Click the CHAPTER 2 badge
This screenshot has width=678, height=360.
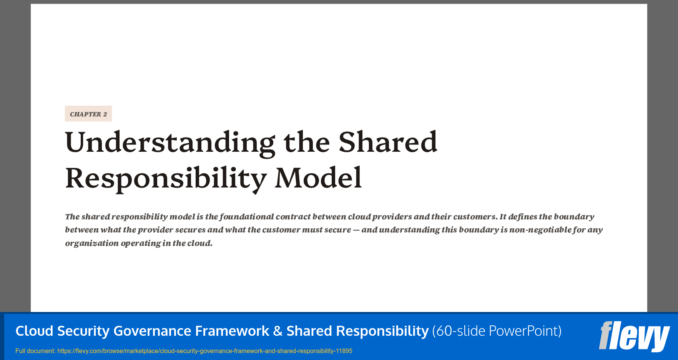88,114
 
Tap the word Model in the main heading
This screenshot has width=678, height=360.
318,178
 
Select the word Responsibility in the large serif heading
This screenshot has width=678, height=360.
166,178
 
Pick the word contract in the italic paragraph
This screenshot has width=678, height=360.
293,217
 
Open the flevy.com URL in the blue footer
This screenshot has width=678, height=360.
204,351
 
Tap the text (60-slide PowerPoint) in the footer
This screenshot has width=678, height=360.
497,331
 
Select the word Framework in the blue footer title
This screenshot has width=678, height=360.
232,331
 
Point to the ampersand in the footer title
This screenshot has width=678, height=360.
278,331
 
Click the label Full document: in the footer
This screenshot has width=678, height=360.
35,351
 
